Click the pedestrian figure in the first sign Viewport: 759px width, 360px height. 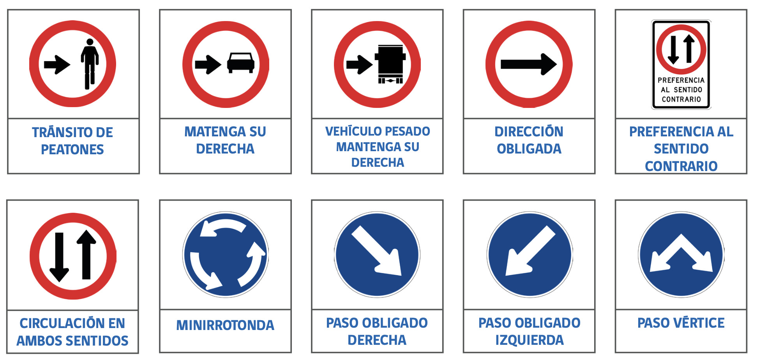(90, 64)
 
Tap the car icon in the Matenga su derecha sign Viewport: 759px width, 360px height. (241, 63)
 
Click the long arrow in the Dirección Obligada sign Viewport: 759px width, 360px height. (529, 64)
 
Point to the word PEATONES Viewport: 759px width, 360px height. (72, 150)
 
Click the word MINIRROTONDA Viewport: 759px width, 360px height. (225, 325)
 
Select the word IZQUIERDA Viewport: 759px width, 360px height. (530, 340)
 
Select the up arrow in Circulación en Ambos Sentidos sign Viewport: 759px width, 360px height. (86, 254)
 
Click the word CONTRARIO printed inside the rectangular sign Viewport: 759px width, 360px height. (681, 99)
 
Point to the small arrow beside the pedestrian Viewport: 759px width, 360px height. (57, 65)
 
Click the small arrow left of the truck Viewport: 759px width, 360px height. (359, 65)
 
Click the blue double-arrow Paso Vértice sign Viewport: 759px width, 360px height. (681, 254)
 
